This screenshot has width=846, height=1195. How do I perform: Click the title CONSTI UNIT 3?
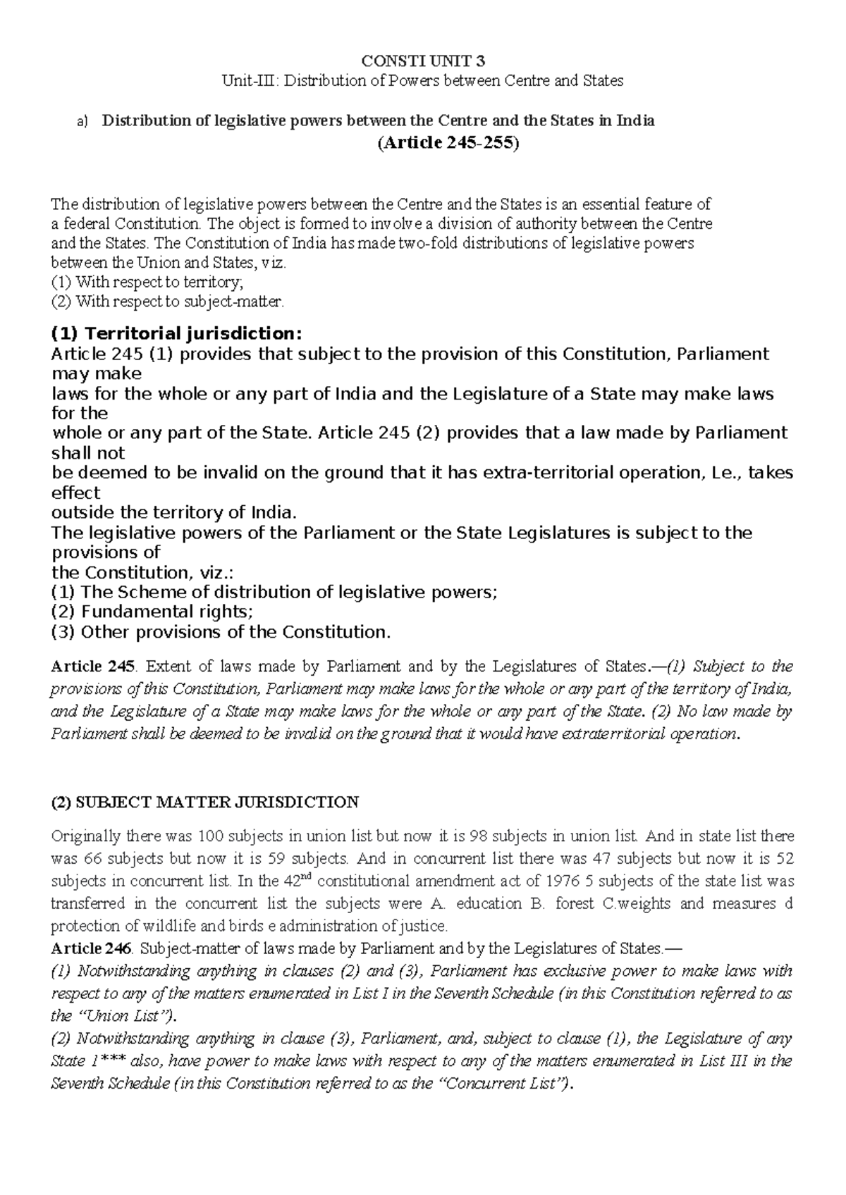tap(423, 60)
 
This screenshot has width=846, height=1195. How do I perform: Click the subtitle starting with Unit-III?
tap(423, 80)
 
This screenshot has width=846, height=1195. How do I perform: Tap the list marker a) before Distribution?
tap(82, 121)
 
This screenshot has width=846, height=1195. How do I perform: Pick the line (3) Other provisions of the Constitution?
tap(221, 631)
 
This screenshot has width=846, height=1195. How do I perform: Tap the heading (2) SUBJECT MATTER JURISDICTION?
tap(205, 802)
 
